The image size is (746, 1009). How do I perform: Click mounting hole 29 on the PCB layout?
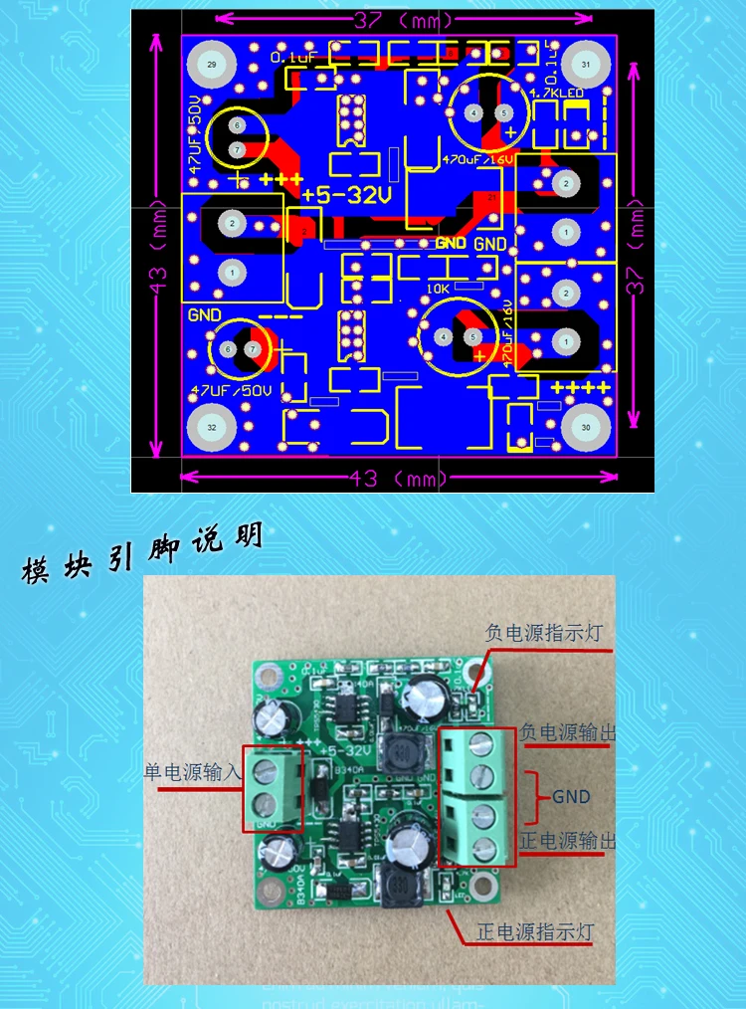pos(210,64)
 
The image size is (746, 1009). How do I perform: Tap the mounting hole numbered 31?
pos(585,65)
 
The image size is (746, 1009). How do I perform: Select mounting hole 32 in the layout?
pos(210,426)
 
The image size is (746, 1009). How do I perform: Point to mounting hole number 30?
pos(585,426)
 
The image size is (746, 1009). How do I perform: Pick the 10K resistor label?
pos(438,288)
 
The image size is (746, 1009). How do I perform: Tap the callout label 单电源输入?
pos(191,772)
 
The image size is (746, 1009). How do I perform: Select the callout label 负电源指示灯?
pos(543,632)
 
